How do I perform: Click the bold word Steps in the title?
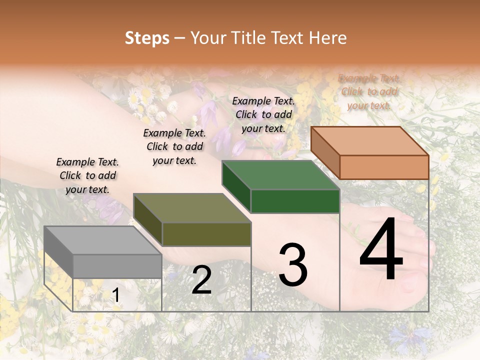147,38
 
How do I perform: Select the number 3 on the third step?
292,264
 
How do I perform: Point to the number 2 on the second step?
201,280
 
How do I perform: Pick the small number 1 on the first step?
116,295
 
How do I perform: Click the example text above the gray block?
87,175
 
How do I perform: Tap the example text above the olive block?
174,146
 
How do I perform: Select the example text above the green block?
263,114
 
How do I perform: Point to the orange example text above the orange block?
369,91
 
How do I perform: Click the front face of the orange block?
384,167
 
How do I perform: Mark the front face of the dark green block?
295,201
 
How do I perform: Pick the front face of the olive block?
206,234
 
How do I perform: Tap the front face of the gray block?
117,266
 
